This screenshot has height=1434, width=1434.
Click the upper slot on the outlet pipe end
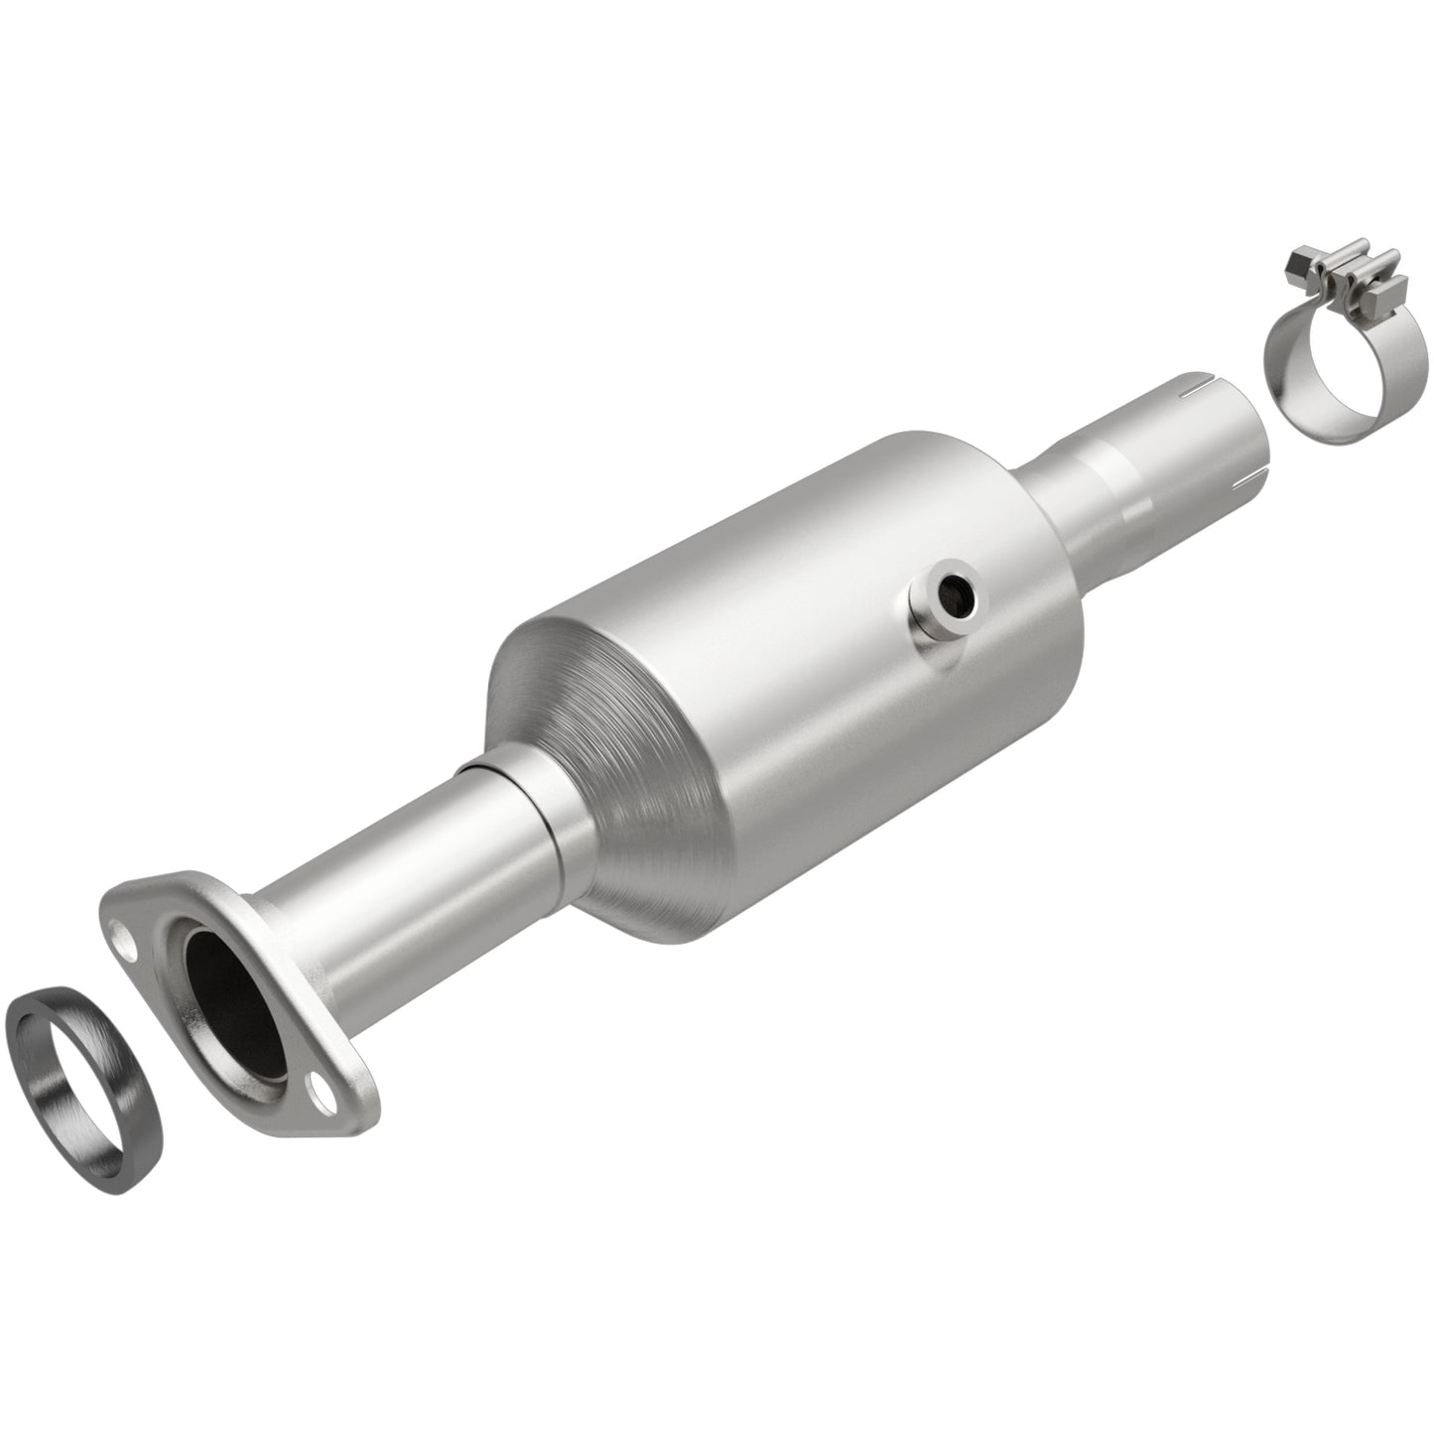1203,382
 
